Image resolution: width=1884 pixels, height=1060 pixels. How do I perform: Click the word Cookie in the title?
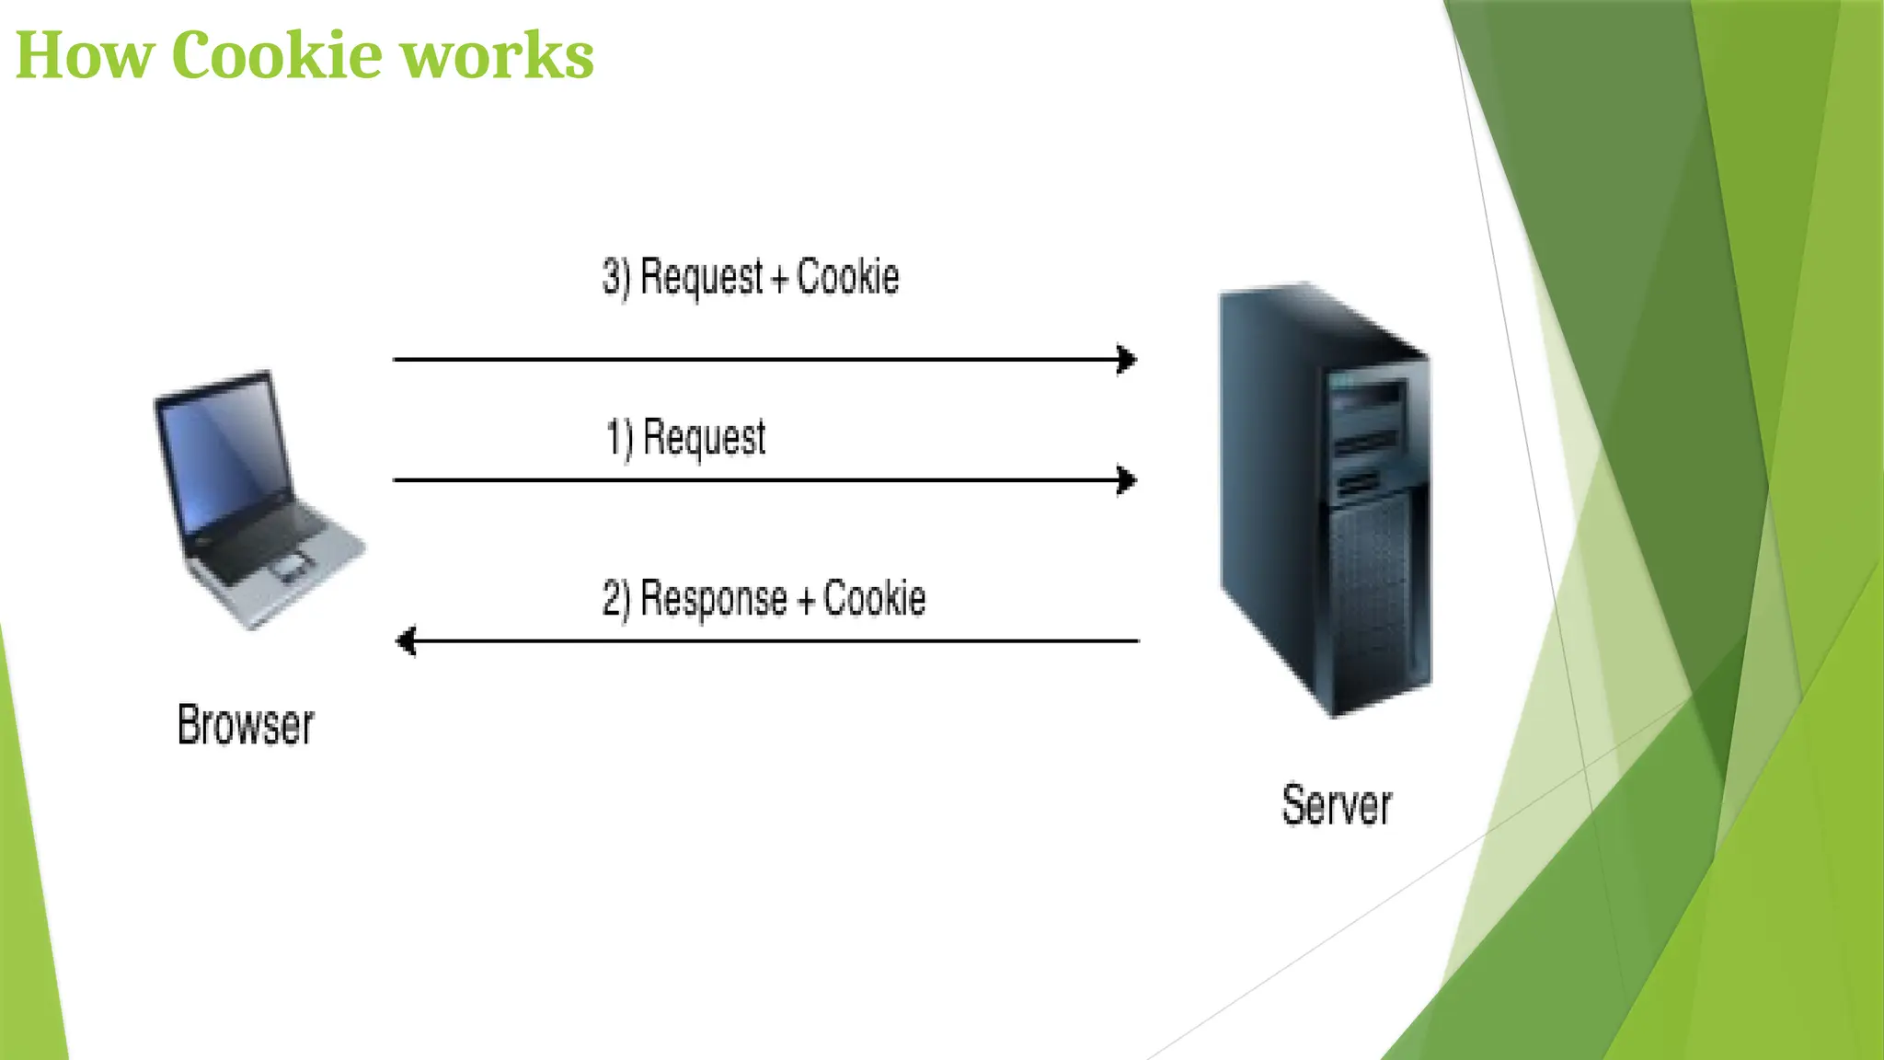(276, 55)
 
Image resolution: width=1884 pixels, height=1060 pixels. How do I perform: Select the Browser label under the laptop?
(246, 725)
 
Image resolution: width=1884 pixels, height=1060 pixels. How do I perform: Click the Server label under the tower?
(1337, 806)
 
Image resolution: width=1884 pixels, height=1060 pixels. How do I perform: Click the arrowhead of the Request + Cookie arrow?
(1128, 360)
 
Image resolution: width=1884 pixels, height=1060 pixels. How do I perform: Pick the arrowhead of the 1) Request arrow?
(1128, 480)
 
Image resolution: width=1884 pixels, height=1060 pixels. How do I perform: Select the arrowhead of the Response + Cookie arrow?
(406, 640)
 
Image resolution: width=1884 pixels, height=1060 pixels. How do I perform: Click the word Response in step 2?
(713, 599)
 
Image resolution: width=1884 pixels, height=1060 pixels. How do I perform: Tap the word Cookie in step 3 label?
(847, 277)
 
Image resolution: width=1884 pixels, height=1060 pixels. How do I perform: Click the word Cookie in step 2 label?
(874, 599)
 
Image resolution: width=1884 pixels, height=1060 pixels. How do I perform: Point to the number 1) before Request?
(619, 438)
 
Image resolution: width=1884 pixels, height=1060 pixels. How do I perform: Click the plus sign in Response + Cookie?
(806, 602)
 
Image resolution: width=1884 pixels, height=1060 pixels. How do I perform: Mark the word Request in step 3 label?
(701, 278)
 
